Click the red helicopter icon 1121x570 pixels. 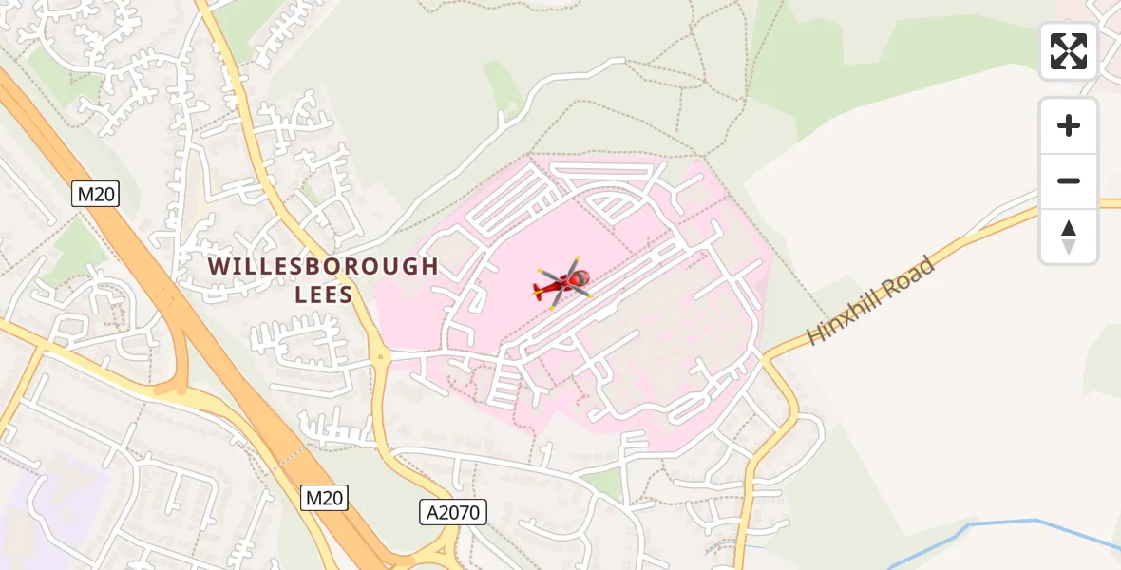pyautogui.click(x=564, y=282)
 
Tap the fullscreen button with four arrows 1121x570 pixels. pyautogui.click(x=1068, y=51)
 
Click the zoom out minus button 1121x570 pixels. pyautogui.click(x=1068, y=180)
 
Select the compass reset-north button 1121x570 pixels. pyautogui.click(x=1068, y=237)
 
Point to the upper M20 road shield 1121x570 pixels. pyautogui.click(x=96, y=195)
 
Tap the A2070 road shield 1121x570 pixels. pyautogui.click(x=453, y=513)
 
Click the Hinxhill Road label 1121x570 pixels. pyautogui.click(x=871, y=299)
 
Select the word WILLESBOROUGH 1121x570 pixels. pyautogui.click(x=323, y=266)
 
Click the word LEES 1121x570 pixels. pyautogui.click(x=324, y=294)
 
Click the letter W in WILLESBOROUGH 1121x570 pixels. pyautogui.click(x=218, y=266)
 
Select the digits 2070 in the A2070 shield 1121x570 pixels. pyautogui.click(x=459, y=513)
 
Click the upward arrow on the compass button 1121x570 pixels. pyautogui.click(x=1068, y=228)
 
